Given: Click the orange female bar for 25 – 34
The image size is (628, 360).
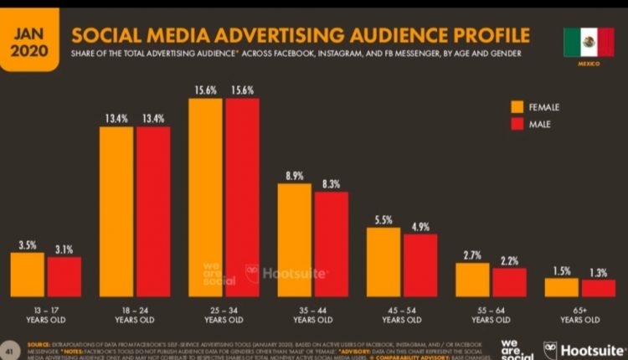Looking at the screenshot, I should (206, 197).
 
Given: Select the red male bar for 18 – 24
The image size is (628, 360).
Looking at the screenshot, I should (153, 211).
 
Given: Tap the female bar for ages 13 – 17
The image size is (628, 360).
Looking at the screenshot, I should (27, 275).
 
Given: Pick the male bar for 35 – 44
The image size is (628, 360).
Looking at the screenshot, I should (332, 244).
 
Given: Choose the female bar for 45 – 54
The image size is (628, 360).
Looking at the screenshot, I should (383, 261).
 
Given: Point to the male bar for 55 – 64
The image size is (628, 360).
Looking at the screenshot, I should (509, 282).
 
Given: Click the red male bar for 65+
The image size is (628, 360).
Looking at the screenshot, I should (599, 288).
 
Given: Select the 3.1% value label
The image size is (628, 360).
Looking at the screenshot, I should (64, 248).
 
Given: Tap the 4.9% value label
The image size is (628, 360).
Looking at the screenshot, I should (420, 225).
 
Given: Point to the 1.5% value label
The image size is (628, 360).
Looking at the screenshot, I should (561, 270).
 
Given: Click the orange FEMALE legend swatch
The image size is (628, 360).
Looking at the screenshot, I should (517, 106).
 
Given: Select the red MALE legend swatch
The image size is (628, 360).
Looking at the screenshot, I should (517, 125).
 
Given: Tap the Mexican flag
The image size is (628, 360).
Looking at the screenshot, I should (589, 42).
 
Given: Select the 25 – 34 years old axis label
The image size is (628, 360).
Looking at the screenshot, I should (224, 315).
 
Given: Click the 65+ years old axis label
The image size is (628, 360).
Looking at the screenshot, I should (580, 315).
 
